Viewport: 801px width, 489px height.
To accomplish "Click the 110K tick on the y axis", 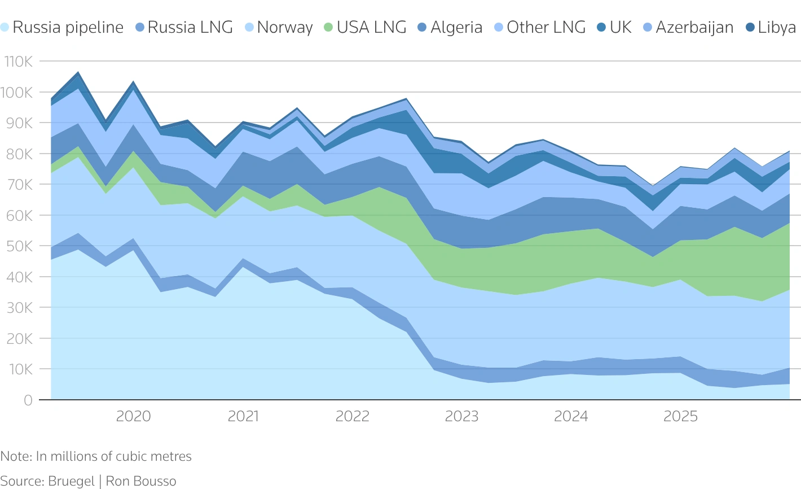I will coord(18,62).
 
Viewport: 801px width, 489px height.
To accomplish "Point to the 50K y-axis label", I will coord(20,246).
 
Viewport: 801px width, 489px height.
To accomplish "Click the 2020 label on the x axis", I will coord(133,417).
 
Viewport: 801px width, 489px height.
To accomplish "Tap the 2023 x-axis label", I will coord(461,417).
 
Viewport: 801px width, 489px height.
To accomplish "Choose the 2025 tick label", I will coord(680,417).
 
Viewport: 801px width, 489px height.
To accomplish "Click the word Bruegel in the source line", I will coord(71,481).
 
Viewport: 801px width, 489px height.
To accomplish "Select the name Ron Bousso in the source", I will coord(141,481).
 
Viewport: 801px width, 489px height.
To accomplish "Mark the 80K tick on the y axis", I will coord(20,154).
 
